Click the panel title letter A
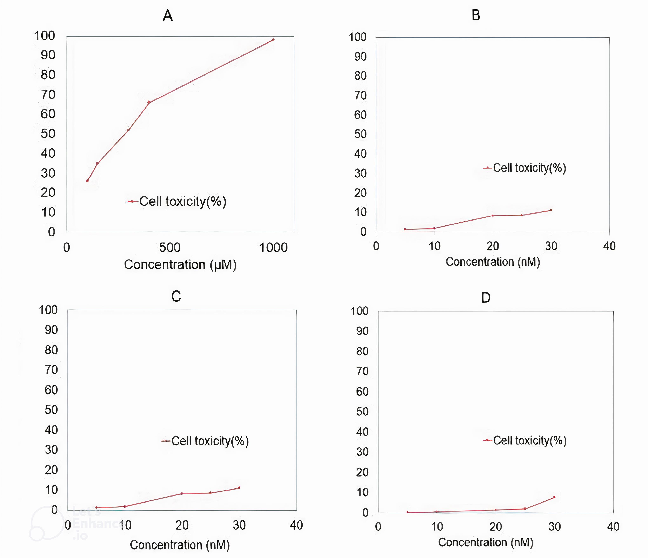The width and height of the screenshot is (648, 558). [x=168, y=16]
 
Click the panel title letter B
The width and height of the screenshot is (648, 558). [x=476, y=15]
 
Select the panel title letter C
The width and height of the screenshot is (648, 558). [x=176, y=296]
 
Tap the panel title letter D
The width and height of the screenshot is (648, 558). [x=486, y=298]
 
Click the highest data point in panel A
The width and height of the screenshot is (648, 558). [x=273, y=40]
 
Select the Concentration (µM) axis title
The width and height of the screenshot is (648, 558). [x=180, y=265]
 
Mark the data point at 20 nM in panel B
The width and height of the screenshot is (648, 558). [x=493, y=216]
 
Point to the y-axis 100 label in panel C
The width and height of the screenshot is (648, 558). [x=48, y=310]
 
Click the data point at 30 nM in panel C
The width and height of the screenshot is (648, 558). [x=239, y=488]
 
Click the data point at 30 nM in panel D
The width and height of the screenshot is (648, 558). [x=554, y=497]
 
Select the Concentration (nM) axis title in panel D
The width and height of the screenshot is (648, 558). [x=486, y=542]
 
